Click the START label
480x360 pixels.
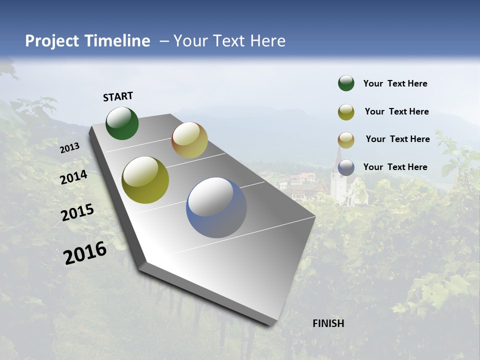point(118,96)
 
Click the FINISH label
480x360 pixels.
point(328,323)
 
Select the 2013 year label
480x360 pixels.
point(69,148)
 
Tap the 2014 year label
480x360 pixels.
point(74,177)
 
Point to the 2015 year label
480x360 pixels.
point(77,212)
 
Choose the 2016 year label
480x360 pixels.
point(85,253)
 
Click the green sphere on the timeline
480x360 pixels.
point(122,123)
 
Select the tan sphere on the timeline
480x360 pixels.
point(189,140)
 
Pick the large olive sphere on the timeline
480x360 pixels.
point(145,180)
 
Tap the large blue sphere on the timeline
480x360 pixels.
point(216,207)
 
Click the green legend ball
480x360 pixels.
point(346,83)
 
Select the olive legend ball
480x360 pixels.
point(346,112)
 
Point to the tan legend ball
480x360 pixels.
point(346,139)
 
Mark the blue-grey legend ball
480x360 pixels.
point(346,167)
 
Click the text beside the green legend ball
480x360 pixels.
point(395,83)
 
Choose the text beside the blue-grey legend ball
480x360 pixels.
point(395,167)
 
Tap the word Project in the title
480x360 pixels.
point(52,41)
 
